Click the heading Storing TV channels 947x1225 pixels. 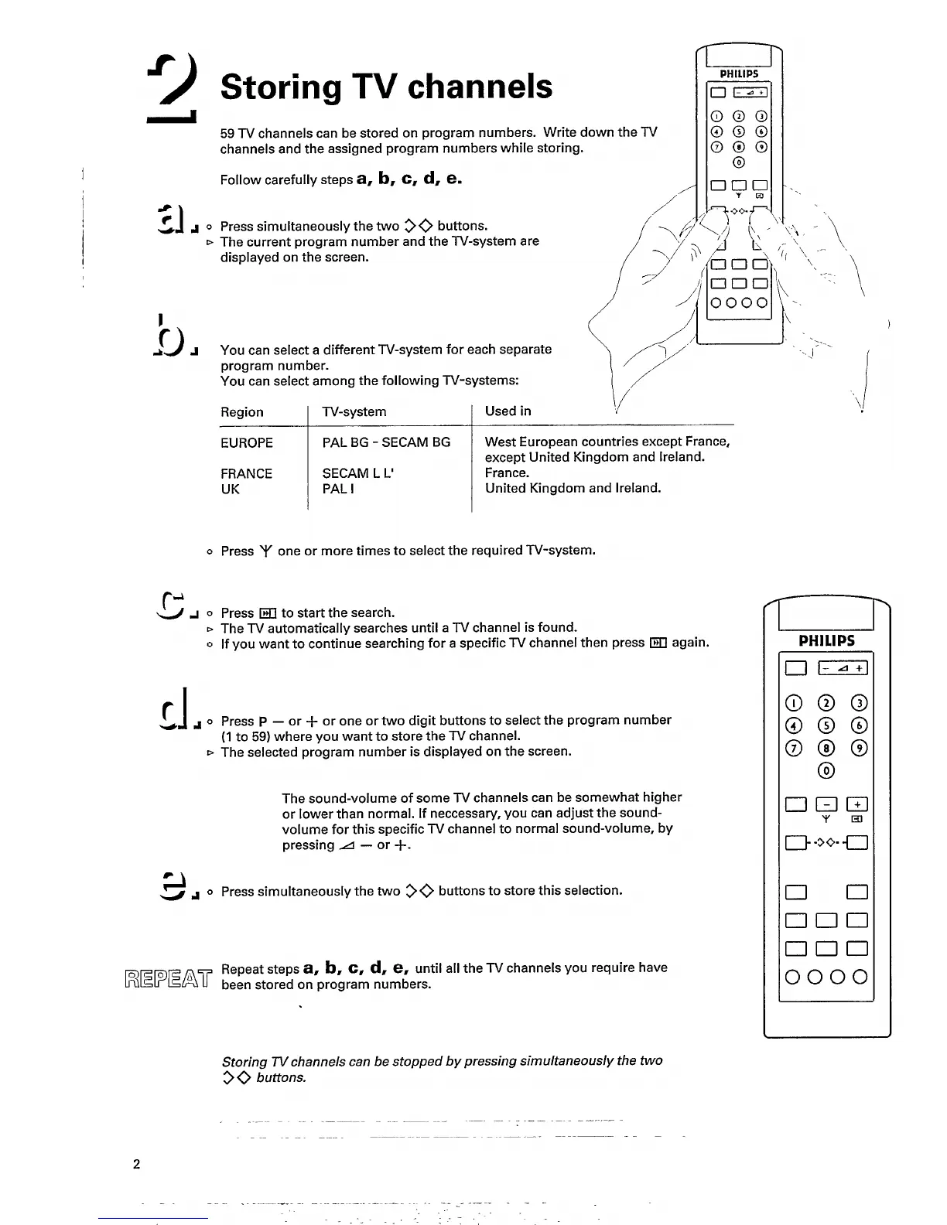coord(386,87)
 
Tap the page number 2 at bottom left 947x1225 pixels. coord(137,1164)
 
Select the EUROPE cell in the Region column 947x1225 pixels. coord(247,442)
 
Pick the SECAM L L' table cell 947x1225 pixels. coord(358,473)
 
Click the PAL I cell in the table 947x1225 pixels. coord(338,489)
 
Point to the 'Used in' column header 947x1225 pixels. coord(508,411)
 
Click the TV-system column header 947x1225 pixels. coord(354,411)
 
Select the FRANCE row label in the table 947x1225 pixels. coord(246,473)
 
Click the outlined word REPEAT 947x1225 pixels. coord(166,976)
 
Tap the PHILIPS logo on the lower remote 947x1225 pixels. coord(826,640)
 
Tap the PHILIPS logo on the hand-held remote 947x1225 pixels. coord(740,73)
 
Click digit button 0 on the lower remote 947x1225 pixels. coord(826,770)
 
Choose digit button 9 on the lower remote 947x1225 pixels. coord(859,748)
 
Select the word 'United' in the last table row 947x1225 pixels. coord(506,488)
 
